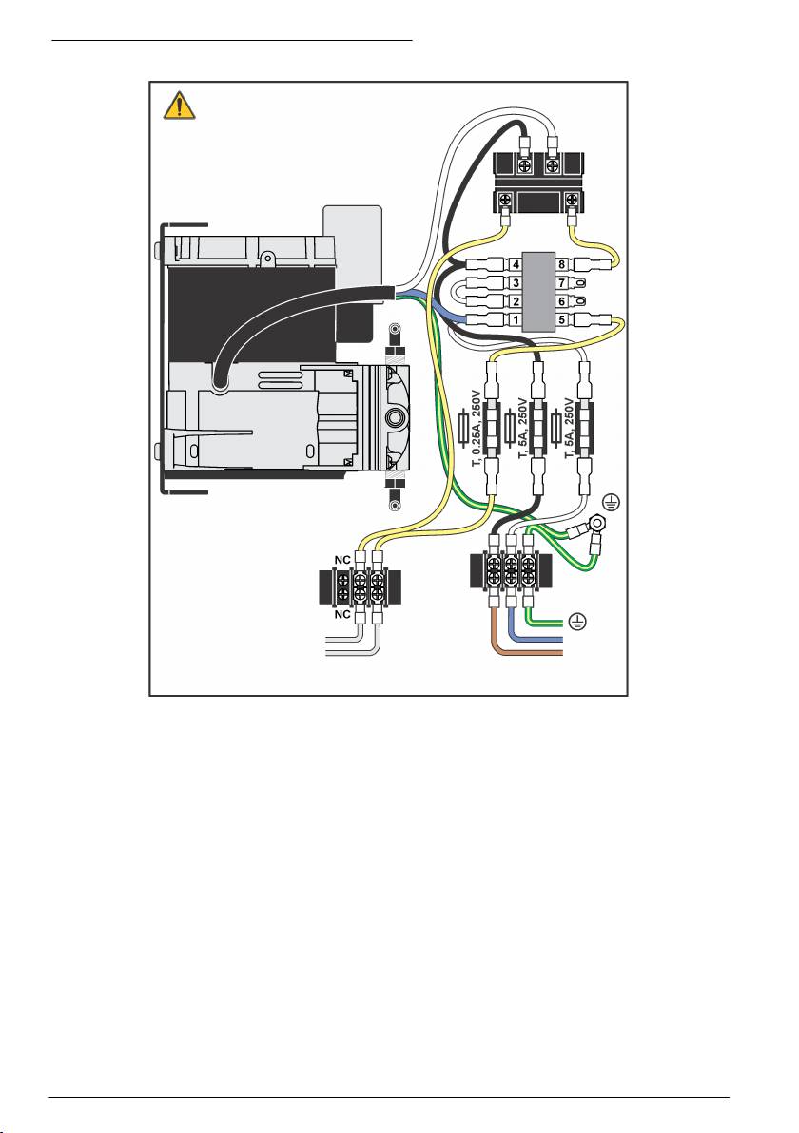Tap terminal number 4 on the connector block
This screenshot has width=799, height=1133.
coord(515,263)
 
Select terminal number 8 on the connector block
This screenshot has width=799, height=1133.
coord(563,263)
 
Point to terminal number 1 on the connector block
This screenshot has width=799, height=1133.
coord(515,319)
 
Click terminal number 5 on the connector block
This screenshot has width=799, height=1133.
coord(563,319)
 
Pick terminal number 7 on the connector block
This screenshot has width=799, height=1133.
coord(563,282)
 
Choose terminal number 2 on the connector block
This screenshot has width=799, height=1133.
coord(515,301)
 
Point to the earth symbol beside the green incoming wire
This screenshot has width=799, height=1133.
coord(575,621)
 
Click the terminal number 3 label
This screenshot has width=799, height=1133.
coord(515,282)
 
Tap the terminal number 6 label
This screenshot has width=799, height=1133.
coord(563,301)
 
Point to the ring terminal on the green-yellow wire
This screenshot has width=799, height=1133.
coord(594,546)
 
